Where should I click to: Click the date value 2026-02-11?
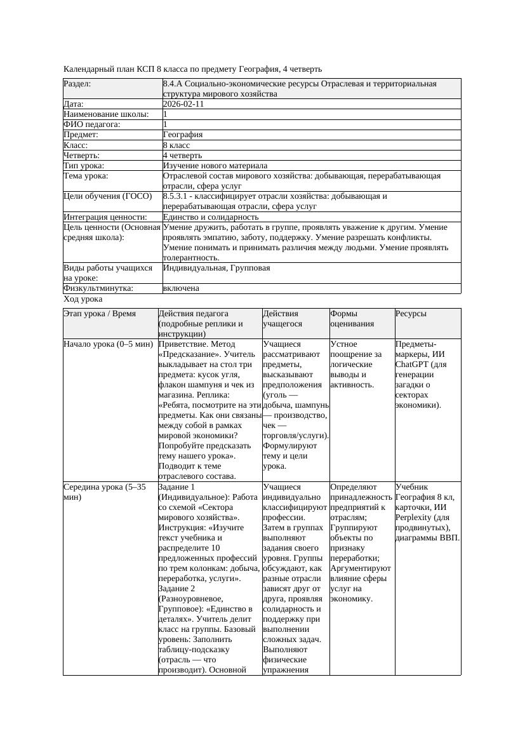(x=183, y=104)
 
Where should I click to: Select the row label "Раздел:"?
(x=77, y=84)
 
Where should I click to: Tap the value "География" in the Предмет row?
(x=183, y=135)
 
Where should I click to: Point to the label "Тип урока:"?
(x=84, y=165)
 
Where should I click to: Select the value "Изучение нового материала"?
(x=215, y=165)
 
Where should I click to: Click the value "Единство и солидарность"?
(x=211, y=217)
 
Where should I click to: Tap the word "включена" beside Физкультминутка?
(x=181, y=288)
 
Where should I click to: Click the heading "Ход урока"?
(x=83, y=298)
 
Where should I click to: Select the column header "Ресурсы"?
(x=411, y=314)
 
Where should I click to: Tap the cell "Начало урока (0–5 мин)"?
(x=109, y=344)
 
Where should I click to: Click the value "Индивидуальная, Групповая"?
(x=216, y=268)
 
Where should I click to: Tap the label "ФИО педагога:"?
(x=92, y=124)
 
